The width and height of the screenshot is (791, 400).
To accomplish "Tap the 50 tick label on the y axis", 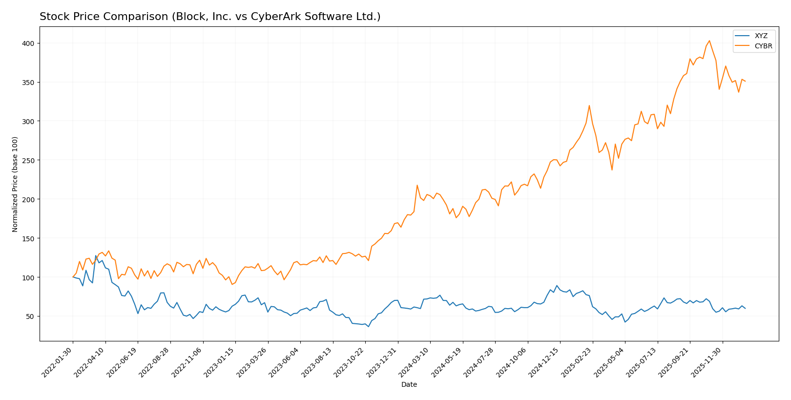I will [30, 316].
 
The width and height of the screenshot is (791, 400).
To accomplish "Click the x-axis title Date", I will [409, 385].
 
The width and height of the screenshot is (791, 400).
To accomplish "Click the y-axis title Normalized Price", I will [15, 184].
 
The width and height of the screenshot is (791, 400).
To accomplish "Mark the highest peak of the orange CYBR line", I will [709, 41].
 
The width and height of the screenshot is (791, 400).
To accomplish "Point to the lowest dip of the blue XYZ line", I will [369, 326].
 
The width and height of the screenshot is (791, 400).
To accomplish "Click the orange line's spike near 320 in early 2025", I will [589, 105].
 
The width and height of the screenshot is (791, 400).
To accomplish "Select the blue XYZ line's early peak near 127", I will [96, 255].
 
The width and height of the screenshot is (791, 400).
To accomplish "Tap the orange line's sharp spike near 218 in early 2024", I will [417, 185].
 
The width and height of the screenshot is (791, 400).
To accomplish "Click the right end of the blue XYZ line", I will [745, 308].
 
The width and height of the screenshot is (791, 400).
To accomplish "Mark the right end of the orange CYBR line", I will [745, 81].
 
